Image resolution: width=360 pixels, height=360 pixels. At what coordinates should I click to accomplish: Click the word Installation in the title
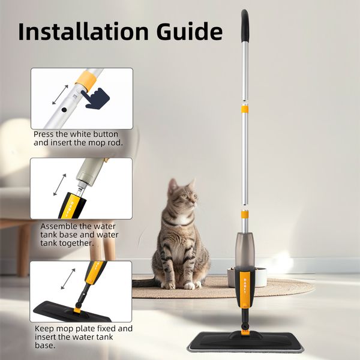point(83,31)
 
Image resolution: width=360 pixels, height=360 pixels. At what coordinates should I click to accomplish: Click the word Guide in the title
point(190,31)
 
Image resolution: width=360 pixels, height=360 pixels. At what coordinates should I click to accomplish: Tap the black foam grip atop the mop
point(245,26)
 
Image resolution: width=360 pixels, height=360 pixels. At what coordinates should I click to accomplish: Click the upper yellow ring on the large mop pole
point(245,110)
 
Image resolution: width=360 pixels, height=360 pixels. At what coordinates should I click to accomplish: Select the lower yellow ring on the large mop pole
point(245,214)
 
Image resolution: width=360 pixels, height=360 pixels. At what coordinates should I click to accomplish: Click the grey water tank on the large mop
point(245,251)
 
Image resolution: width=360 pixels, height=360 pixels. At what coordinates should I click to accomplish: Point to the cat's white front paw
point(190,286)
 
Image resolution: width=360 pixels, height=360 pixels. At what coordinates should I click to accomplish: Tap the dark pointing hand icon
point(96,98)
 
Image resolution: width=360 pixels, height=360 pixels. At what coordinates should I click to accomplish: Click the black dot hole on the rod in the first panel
point(64,110)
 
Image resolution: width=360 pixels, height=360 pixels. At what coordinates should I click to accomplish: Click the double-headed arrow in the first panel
point(60,95)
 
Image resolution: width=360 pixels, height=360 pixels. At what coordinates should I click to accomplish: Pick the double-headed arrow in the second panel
point(59,185)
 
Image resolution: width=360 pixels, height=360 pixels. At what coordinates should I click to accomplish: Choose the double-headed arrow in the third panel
point(68,279)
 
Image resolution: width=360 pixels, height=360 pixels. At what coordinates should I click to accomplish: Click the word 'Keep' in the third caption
point(44,329)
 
